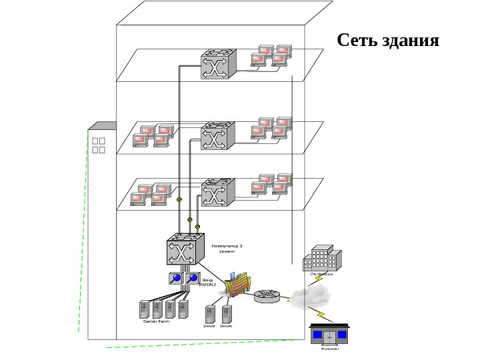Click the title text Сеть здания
[388, 41]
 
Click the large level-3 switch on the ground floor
[184, 249]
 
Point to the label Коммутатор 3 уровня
[227, 249]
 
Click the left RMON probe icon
[175, 278]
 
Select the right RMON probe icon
[193, 278]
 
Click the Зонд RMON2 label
[208, 282]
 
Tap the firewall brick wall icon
[238, 285]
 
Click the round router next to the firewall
[268, 295]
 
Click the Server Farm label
[156, 321]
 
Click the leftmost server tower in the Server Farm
[143, 309]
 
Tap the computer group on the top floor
[272, 56]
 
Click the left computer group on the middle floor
[153, 135]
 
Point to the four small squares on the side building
[99, 145]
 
